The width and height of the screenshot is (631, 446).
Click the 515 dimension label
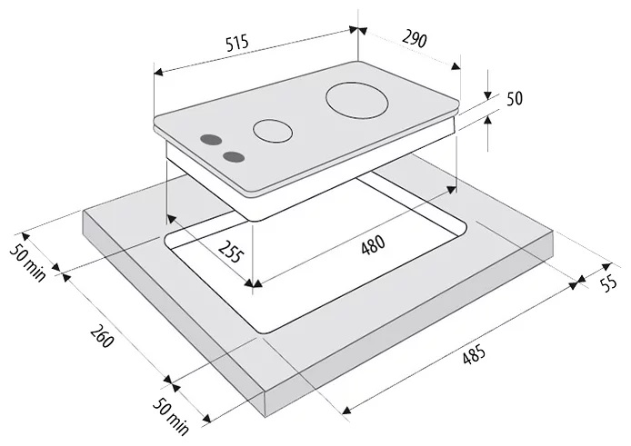point(237,43)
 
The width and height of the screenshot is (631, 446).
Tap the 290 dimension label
point(414,39)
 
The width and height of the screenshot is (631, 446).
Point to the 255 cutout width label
point(231,252)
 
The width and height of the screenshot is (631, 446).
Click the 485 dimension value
point(474,354)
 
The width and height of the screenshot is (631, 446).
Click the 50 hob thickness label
point(514,99)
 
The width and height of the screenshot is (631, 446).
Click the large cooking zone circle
point(357,100)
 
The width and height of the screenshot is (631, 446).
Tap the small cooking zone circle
point(273,131)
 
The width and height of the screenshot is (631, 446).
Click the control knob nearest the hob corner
point(211,140)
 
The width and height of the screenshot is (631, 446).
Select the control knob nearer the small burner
point(234,157)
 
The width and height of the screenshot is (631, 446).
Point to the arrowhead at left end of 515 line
point(158,72)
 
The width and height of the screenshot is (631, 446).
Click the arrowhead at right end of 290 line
point(456,66)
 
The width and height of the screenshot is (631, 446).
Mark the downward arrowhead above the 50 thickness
point(487,95)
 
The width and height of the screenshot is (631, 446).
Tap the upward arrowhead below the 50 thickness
point(487,119)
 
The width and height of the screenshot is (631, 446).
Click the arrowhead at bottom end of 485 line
point(346,410)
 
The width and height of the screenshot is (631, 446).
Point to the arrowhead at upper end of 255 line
point(171,218)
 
